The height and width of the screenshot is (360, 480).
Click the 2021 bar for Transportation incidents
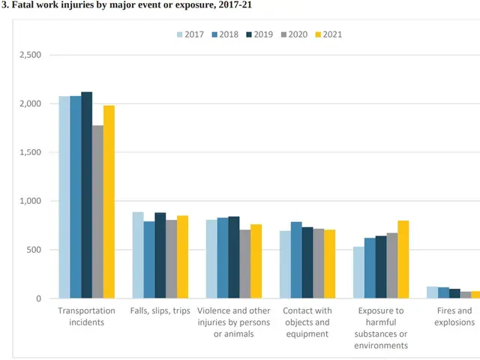tap(109, 202)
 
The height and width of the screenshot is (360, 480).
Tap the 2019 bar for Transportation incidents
tap(87, 195)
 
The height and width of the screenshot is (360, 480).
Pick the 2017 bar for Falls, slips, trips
tap(138, 255)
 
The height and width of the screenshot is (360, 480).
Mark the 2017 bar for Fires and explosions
tap(432, 292)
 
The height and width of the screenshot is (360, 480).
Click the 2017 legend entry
tap(192, 34)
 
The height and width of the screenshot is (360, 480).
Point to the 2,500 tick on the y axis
tap(30, 55)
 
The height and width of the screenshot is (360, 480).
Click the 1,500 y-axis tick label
tap(30, 153)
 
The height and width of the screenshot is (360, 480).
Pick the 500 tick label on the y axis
tap(34, 250)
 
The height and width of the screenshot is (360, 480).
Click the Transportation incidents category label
tap(87, 316)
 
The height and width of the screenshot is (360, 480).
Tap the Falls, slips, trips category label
tap(160, 311)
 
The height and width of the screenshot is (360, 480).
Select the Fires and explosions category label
tap(454, 316)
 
